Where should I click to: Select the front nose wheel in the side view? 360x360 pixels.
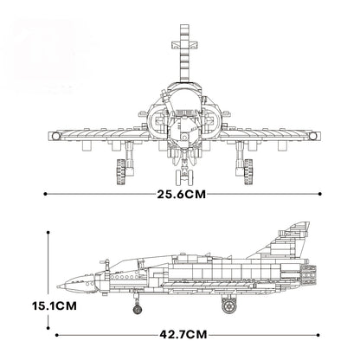pyautogui.click(x=136, y=305)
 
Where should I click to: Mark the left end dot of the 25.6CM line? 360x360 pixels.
pyautogui.click(x=44, y=196)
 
